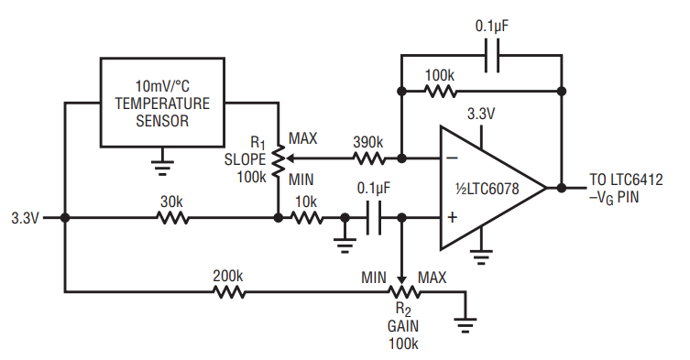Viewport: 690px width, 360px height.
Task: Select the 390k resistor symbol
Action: click(x=369, y=158)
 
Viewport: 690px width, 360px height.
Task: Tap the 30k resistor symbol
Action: click(x=173, y=217)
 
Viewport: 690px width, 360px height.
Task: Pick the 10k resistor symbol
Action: click(x=307, y=217)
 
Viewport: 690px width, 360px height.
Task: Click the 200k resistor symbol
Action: click(x=229, y=291)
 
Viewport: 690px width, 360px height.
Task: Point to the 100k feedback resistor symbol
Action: click(x=441, y=91)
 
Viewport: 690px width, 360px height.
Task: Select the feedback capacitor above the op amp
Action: click(x=492, y=56)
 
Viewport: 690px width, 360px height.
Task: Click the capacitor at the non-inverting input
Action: click(x=374, y=217)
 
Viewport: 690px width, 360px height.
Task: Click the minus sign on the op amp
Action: click(x=453, y=158)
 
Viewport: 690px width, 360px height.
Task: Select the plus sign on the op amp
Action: click(x=453, y=217)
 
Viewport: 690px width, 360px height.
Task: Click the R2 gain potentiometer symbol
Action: click(x=403, y=291)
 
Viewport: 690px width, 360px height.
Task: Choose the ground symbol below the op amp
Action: click(x=481, y=256)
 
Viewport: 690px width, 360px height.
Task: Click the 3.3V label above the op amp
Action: click(x=481, y=114)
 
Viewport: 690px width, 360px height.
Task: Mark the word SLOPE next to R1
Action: click(x=245, y=159)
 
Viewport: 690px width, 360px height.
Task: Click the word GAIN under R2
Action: click(x=403, y=326)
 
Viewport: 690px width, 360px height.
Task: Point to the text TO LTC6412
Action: click(x=626, y=180)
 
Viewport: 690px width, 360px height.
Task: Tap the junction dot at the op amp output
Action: click(x=562, y=188)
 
